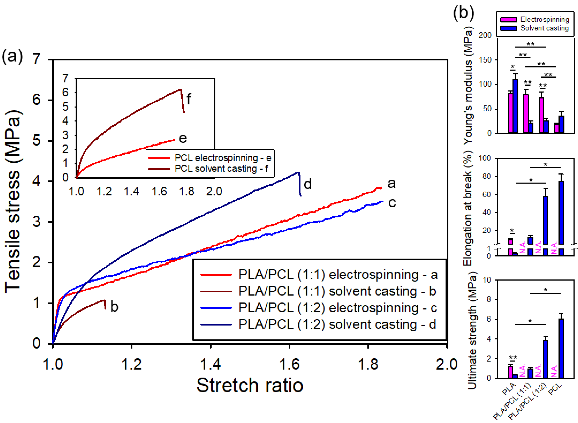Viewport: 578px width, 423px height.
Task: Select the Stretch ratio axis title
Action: click(x=250, y=385)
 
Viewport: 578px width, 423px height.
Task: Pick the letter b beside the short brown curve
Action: click(x=114, y=307)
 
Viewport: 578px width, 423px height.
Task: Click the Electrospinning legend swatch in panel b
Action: click(x=508, y=20)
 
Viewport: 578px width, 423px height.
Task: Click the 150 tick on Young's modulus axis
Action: click(x=485, y=60)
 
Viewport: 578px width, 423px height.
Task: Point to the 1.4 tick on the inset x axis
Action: click(x=131, y=192)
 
